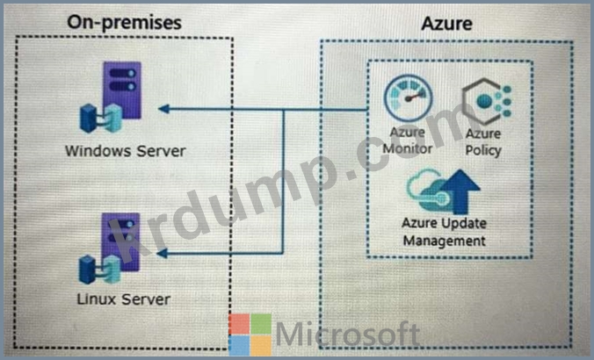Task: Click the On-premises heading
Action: pos(124,22)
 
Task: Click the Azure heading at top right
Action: pos(446,24)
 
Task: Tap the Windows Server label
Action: pos(126,151)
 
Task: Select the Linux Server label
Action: pos(124,299)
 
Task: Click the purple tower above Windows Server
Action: pos(122,90)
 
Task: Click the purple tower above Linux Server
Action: pos(120,241)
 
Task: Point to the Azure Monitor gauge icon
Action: pos(408,98)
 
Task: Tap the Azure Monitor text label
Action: pos(407,140)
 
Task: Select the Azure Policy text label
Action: pos(483,141)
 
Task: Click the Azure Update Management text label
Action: pos(444,232)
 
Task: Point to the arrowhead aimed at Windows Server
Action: pos(163,109)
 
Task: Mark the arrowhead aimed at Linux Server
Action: pos(163,253)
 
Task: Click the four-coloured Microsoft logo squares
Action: pos(250,335)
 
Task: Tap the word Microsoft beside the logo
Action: pos(348,334)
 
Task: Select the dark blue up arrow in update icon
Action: pos(460,191)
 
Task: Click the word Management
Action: pos(444,241)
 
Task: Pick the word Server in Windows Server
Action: pos(161,151)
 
